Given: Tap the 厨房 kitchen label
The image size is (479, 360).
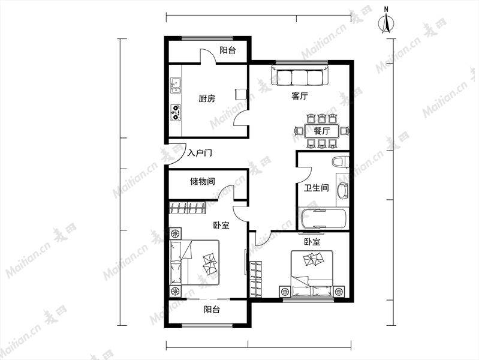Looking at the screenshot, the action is click(x=207, y=98).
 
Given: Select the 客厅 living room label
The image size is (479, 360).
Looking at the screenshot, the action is click(x=299, y=96).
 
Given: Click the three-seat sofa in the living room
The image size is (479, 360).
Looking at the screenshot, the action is click(x=300, y=76).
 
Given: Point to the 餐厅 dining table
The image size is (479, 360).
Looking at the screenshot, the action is click(x=322, y=131).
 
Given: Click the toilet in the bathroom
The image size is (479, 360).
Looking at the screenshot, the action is click(x=341, y=162).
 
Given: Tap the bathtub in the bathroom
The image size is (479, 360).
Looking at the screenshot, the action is click(x=324, y=218).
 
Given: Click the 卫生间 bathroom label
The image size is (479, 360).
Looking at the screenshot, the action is click(x=316, y=188).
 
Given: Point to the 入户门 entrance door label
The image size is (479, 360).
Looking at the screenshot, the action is click(x=200, y=152).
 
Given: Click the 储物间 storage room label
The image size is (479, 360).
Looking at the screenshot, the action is click(x=202, y=181).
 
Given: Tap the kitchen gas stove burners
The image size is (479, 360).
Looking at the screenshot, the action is click(x=175, y=112).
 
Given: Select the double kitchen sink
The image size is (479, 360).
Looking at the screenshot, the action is click(x=175, y=85).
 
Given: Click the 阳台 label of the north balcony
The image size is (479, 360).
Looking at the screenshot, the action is click(x=228, y=50).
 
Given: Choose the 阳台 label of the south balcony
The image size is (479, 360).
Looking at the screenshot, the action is click(x=212, y=310).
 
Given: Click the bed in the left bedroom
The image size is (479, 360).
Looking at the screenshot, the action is click(x=195, y=262).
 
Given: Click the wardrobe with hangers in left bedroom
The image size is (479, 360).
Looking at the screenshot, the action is click(x=187, y=208).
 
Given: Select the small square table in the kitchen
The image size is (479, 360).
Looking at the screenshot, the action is click(x=241, y=94).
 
